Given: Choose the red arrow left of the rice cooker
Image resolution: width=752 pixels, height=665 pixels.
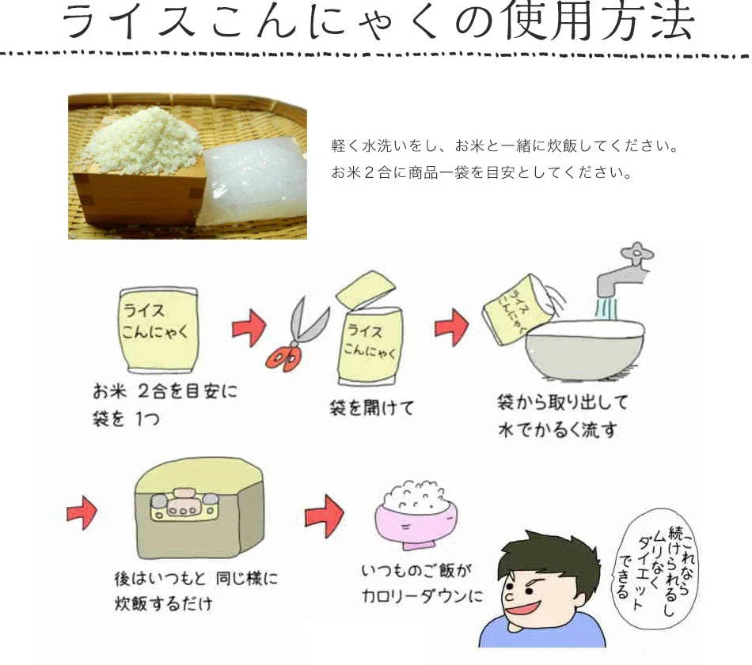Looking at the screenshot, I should coord(81,515).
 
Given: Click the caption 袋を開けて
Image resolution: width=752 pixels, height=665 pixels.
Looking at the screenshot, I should coord(371,408).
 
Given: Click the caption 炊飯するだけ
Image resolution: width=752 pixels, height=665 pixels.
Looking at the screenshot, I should coord(163,606).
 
